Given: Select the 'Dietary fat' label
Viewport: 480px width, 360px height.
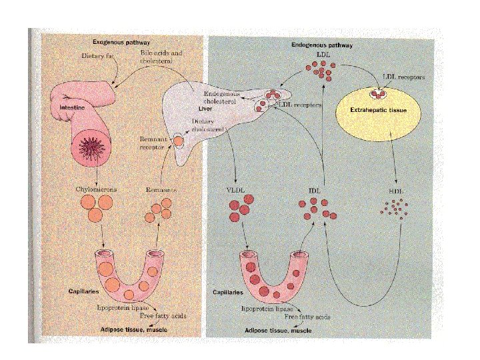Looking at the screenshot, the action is click(97, 55).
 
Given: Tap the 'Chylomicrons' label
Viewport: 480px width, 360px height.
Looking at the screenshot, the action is click(96, 190).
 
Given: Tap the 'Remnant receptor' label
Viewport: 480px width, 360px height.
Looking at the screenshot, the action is click(153, 141).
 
